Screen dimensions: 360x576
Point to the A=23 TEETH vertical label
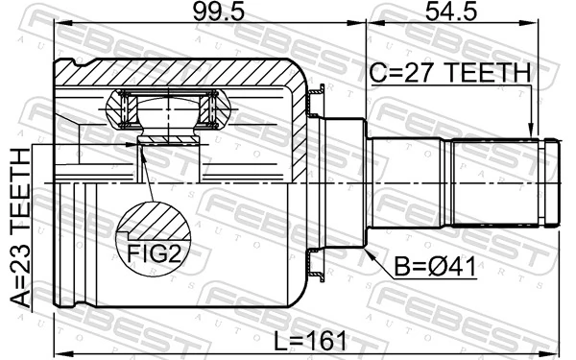(20, 228)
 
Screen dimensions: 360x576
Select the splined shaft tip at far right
(552, 182)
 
